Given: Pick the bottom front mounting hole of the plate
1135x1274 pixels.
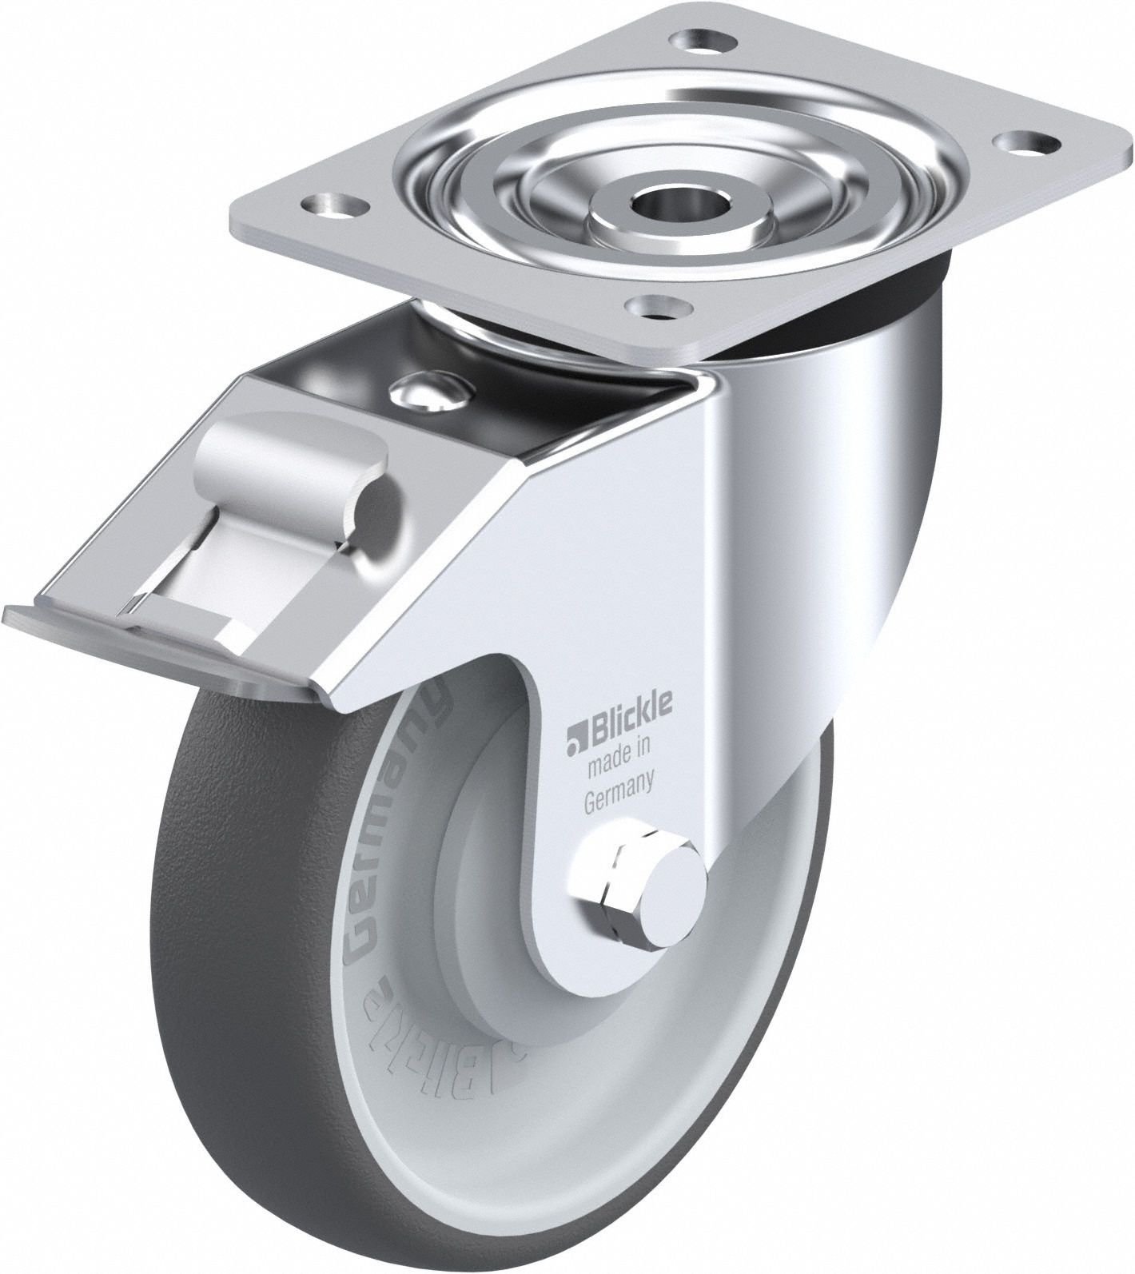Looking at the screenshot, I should [659, 305].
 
